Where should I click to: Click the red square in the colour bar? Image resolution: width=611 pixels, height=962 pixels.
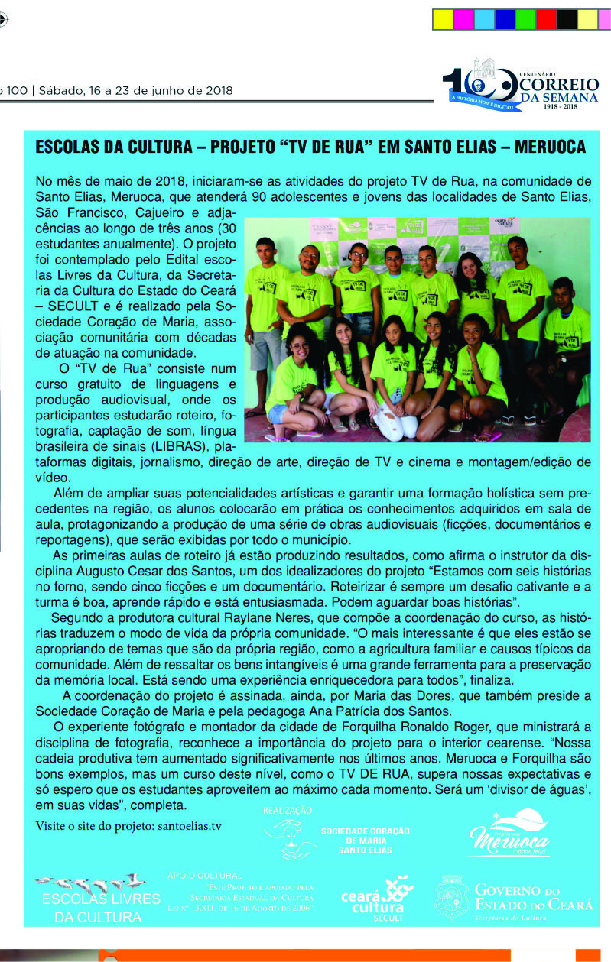click(x=546, y=19)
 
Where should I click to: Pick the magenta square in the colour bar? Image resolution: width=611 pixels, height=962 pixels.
click(x=463, y=19)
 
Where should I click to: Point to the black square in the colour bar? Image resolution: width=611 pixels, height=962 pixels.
click(x=567, y=19)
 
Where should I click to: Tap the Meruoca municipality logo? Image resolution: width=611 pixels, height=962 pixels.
click(x=509, y=834)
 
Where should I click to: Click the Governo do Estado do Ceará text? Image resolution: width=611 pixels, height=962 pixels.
click(x=533, y=898)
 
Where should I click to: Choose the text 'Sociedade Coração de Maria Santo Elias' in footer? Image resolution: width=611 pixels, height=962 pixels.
click(x=366, y=840)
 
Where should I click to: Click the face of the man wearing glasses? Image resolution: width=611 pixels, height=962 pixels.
click(x=310, y=256)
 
